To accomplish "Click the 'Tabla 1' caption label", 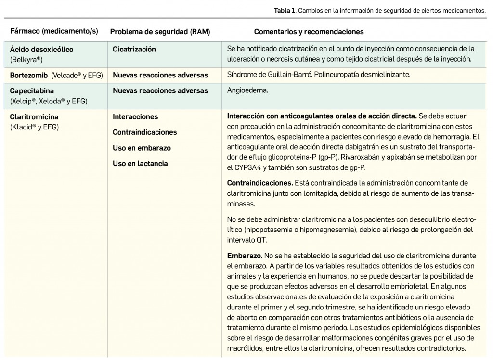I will (284, 10).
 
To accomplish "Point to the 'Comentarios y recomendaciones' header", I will (309, 32).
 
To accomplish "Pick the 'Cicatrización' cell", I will (134, 49).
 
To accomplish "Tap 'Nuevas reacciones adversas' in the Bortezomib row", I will (160, 75).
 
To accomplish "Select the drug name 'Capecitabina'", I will (32, 90).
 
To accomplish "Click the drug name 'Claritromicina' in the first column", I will (34, 116).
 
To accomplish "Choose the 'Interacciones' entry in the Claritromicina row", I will (135, 116).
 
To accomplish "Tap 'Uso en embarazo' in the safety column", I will (142, 148).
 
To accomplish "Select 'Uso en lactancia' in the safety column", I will (140, 163).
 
